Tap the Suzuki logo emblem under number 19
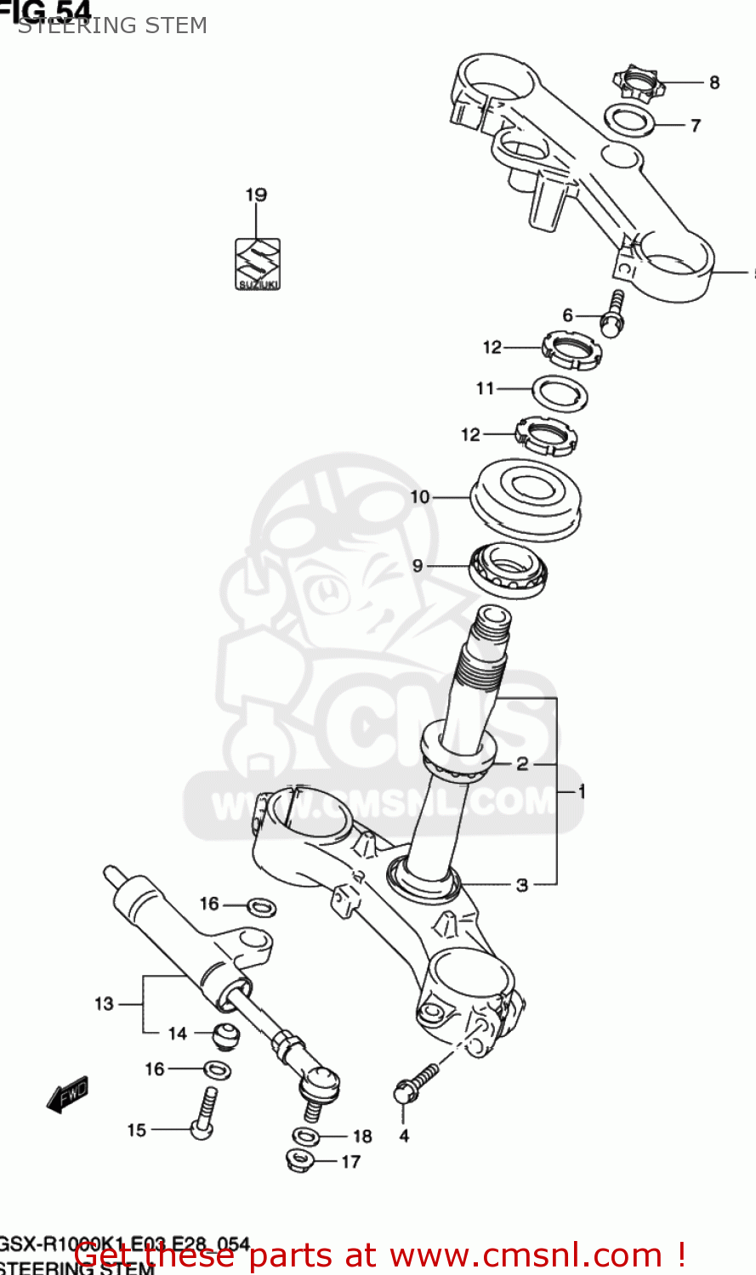(257, 263)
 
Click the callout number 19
(256, 195)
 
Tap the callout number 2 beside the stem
(522, 763)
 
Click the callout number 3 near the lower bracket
(522, 885)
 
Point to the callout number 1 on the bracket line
(582, 791)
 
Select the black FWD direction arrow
(68, 1096)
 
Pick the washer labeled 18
(306, 1136)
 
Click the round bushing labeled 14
(225, 1035)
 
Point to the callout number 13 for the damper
(104, 1004)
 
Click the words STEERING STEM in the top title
(112, 25)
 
